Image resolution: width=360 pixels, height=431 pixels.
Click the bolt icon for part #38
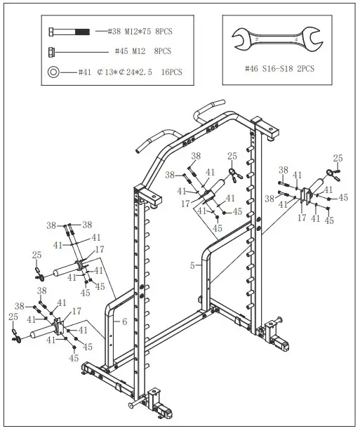(x=69, y=32)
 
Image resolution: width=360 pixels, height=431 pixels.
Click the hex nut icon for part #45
(x=52, y=51)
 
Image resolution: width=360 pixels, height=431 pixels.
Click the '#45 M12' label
(x=131, y=51)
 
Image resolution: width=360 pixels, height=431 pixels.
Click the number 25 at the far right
(x=338, y=158)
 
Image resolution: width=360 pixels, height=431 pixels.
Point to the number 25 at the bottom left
(x=13, y=317)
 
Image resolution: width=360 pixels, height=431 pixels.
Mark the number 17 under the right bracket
(x=302, y=218)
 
